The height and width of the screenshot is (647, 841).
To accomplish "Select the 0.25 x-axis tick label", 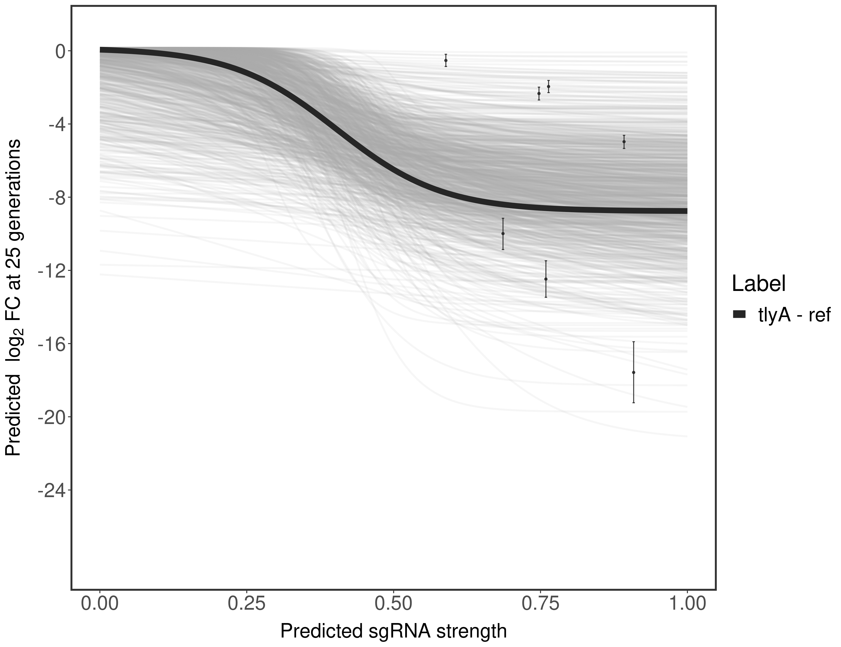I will [x=246, y=605].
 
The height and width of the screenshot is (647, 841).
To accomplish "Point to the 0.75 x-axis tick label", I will [x=540, y=605].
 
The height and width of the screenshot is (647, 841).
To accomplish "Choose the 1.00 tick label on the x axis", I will [x=687, y=605].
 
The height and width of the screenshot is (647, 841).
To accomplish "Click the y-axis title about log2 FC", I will [x=13, y=298].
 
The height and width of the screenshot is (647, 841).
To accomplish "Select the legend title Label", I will [x=759, y=284].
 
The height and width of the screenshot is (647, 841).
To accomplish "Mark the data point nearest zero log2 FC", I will [x=446, y=60].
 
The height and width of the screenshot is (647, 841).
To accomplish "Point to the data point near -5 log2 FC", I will [x=624, y=142].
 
